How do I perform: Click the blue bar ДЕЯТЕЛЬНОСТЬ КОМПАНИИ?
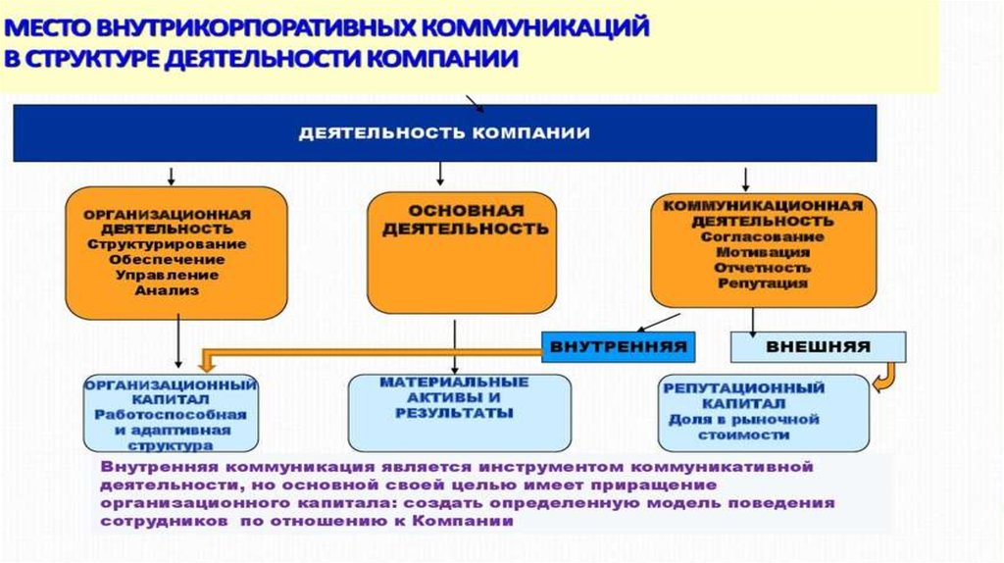click(x=444, y=132)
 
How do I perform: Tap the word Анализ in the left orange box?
click(x=167, y=290)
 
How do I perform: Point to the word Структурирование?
click(x=167, y=244)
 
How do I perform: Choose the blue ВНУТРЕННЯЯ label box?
click(x=617, y=347)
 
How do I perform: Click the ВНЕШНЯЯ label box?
click(x=818, y=347)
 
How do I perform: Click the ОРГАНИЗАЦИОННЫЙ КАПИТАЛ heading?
click(x=171, y=392)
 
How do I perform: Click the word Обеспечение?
click(x=167, y=260)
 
